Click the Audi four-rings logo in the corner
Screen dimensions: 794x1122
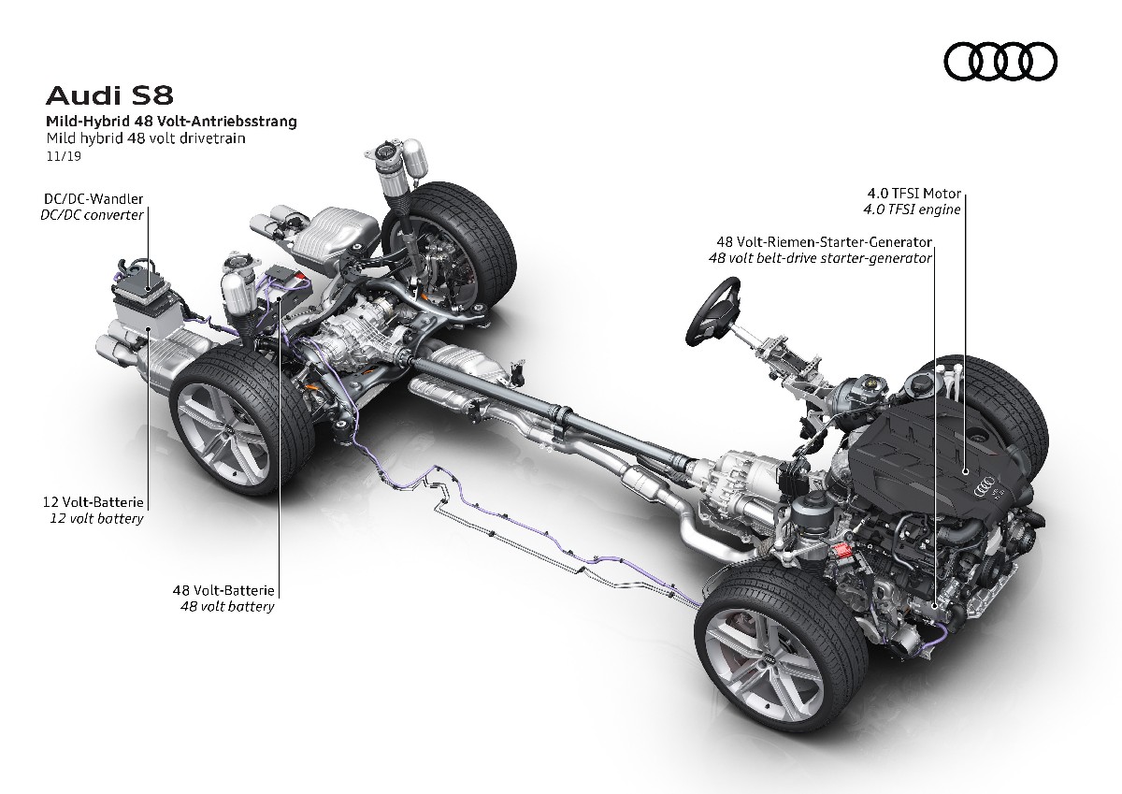pos(1000,63)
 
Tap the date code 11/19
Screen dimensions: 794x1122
pos(60,157)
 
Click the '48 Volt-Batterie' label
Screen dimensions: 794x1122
pos(223,591)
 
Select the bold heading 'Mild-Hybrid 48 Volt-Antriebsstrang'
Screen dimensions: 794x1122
pos(172,122)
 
